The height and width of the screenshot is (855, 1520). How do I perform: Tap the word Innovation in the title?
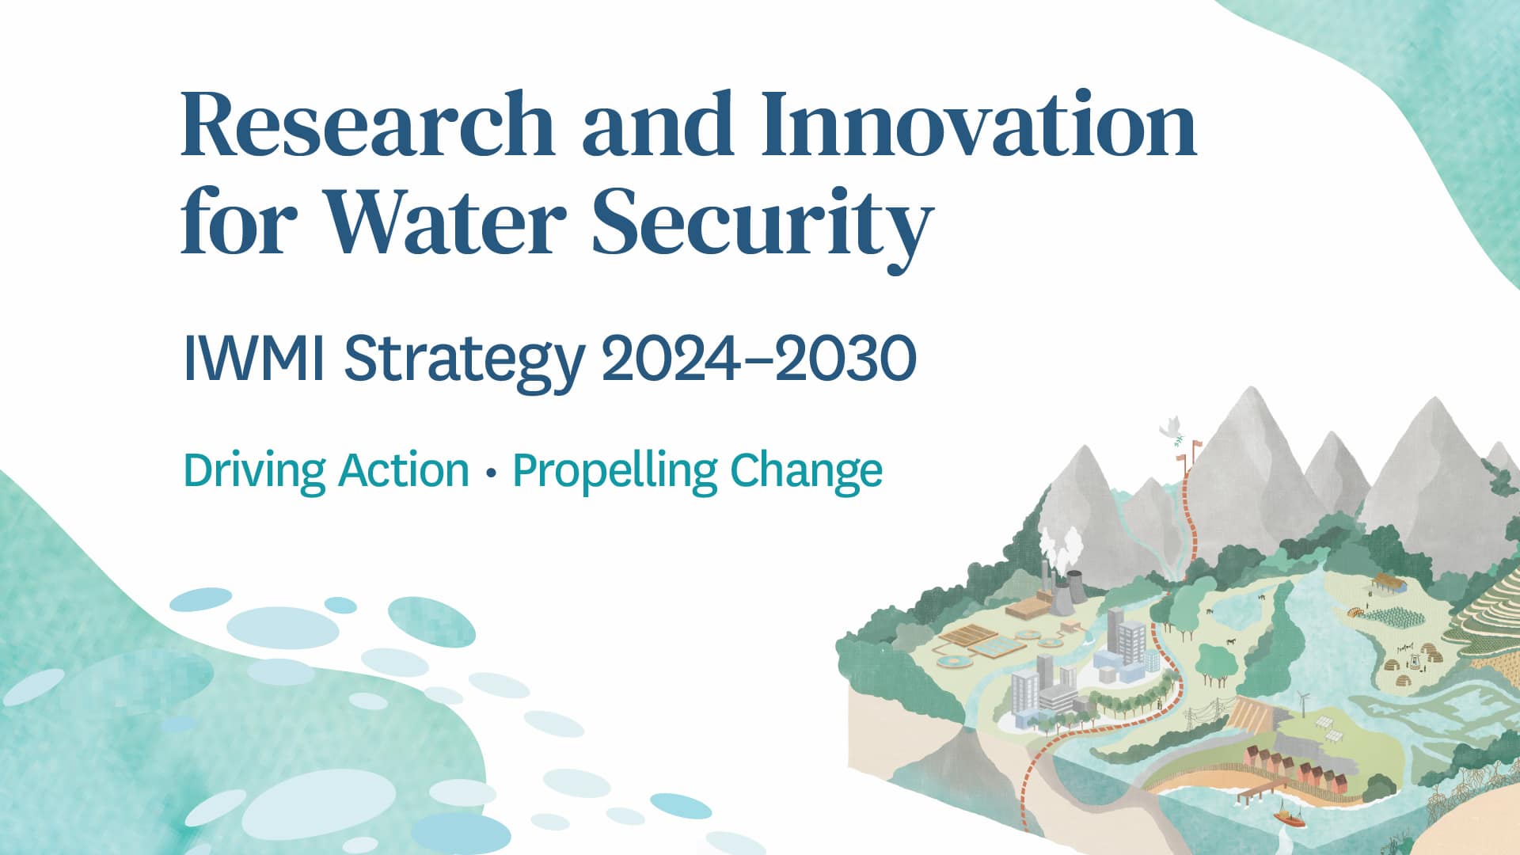click(978, 125)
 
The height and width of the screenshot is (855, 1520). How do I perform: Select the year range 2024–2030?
click(758, 359)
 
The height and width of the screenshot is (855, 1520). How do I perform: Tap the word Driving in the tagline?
click(253, 471)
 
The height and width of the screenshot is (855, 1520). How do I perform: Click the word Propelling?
click(614, 471)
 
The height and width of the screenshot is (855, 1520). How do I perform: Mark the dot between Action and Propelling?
click(492, 473)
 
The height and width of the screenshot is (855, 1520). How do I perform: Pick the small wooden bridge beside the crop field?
click(1356, 611)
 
